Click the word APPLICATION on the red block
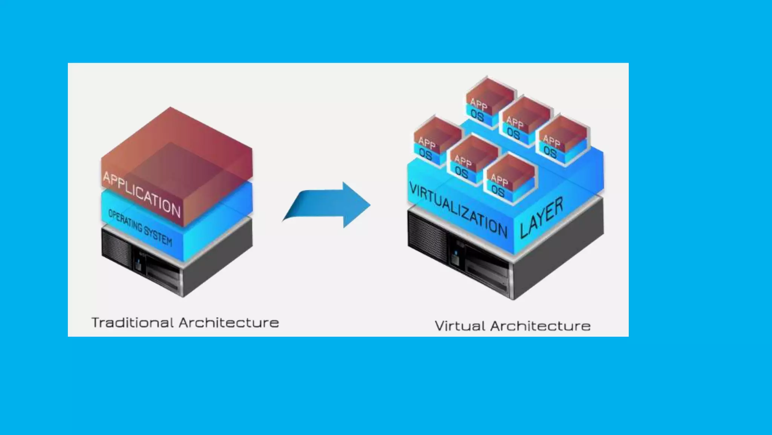click(x=142, y=194)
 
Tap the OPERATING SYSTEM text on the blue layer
click(x=140, y=227)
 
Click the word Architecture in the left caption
click(x=229, y=322)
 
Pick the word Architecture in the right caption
click(x=540, y=326)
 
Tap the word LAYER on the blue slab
click(x=541, y=218)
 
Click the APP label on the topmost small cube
click(x=479, y=104)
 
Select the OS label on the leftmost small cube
click(x=426, y=154)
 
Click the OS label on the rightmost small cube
click(x=550, y=152)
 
